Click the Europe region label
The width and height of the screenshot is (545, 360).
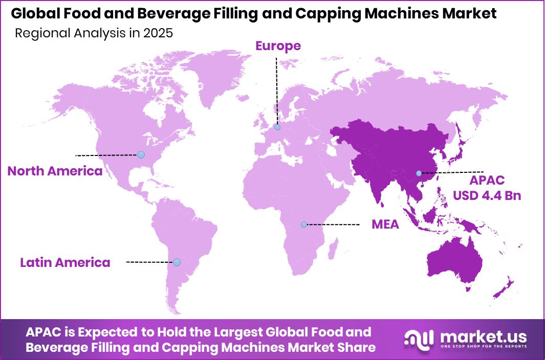point(278,46)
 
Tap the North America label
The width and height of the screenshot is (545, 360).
point(55,171)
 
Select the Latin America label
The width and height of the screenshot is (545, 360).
point(65,263)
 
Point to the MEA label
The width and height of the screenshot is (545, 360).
point(384,224)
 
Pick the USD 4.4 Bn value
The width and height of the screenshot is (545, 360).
point(487,195)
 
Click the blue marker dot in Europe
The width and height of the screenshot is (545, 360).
point(277,127)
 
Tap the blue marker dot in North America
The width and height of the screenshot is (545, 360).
point(141,154)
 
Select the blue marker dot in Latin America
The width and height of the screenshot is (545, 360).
point(177,262)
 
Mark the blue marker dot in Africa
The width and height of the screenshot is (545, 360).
point(304,224)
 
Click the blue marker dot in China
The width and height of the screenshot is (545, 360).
point(419,173)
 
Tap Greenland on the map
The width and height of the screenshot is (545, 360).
point(215,77)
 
